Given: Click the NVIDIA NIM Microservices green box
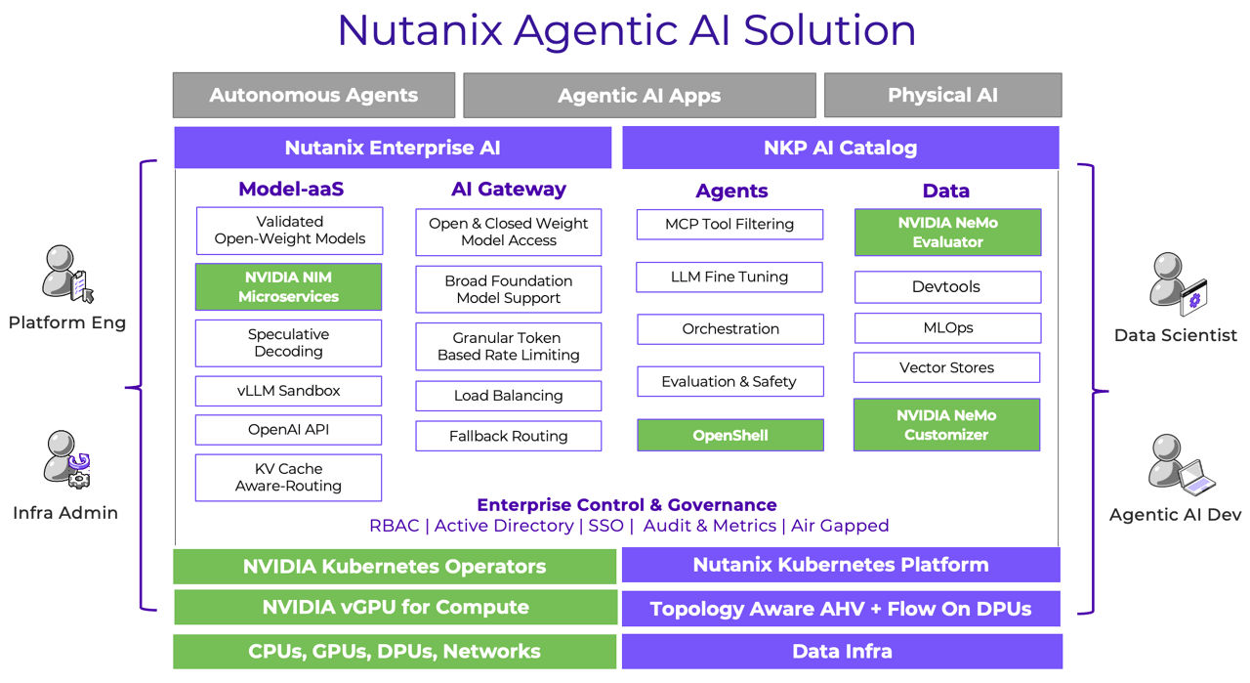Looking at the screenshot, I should [288, 287].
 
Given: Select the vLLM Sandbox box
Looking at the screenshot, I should [288, 391].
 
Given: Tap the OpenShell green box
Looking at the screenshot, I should [729, 435].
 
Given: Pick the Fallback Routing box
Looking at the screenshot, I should [508, 436].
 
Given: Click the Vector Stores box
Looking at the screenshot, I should [946, 367].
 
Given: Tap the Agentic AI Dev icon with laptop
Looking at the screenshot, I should [1178, 466].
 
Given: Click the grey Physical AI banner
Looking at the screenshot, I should [942, 96].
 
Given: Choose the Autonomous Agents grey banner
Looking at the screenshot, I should [313, 96].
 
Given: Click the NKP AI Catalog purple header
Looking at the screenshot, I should [840, 149].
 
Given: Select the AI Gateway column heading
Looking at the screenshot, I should [508, 190].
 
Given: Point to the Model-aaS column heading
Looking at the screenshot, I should [291, 190].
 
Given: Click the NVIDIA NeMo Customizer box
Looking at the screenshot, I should [946, 425].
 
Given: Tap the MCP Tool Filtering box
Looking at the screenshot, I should [729, 224].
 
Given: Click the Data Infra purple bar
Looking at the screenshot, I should [841, 652].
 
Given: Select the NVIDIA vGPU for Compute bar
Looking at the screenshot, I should [395, 607].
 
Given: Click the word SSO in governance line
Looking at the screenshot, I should [605, 526].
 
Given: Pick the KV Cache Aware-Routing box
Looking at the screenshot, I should [288, 477].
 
